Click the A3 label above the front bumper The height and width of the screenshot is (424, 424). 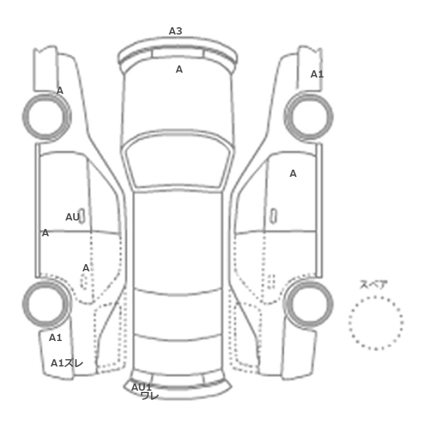[176, 31]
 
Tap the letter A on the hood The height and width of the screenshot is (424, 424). [179, 70]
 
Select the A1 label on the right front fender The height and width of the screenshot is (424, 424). [317, 74]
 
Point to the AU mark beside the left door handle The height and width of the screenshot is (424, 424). [73, 217]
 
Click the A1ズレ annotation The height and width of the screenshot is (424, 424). [67, 363]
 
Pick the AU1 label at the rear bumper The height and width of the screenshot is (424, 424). [141, 387]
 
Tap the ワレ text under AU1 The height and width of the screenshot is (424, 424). [150, 396]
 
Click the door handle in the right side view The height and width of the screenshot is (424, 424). [274, 216]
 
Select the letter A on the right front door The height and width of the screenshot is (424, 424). [293, 174]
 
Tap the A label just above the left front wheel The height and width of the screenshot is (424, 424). [60, 91]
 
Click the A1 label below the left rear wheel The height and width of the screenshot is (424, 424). [56, 337]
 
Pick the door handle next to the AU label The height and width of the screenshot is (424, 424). [81, 216]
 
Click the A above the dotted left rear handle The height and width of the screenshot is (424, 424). [86, 268]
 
